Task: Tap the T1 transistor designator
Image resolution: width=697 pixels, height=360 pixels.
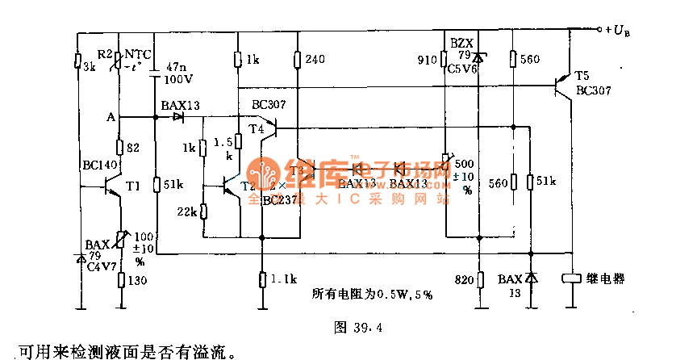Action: click(x=134, y=186)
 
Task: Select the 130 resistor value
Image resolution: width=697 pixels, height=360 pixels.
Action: click(x=138, y=280)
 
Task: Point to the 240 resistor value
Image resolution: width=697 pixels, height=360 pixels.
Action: click(x=315, y=60)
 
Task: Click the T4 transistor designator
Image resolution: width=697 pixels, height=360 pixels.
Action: click(x=257, y=128)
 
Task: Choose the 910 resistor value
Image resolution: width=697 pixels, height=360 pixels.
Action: click(x=427, y=60)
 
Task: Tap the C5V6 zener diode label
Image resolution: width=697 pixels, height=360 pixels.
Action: click(x=463, y=70)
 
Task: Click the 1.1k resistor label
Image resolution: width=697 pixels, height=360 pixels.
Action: click(x=283, y=279)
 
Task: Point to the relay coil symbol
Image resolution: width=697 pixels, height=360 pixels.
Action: click(x=572, y=278)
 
